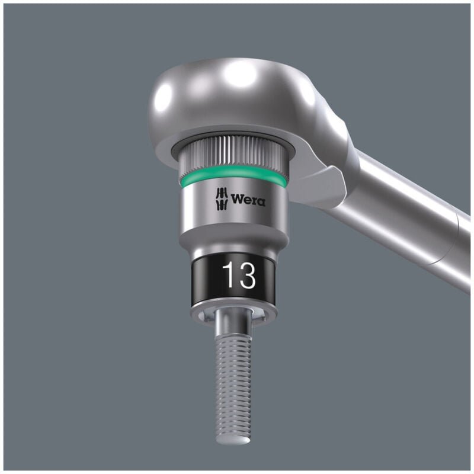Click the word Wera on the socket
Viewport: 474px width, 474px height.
click(x=248, y=200)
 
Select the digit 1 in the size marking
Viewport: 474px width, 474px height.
click(x=228, y=275)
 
